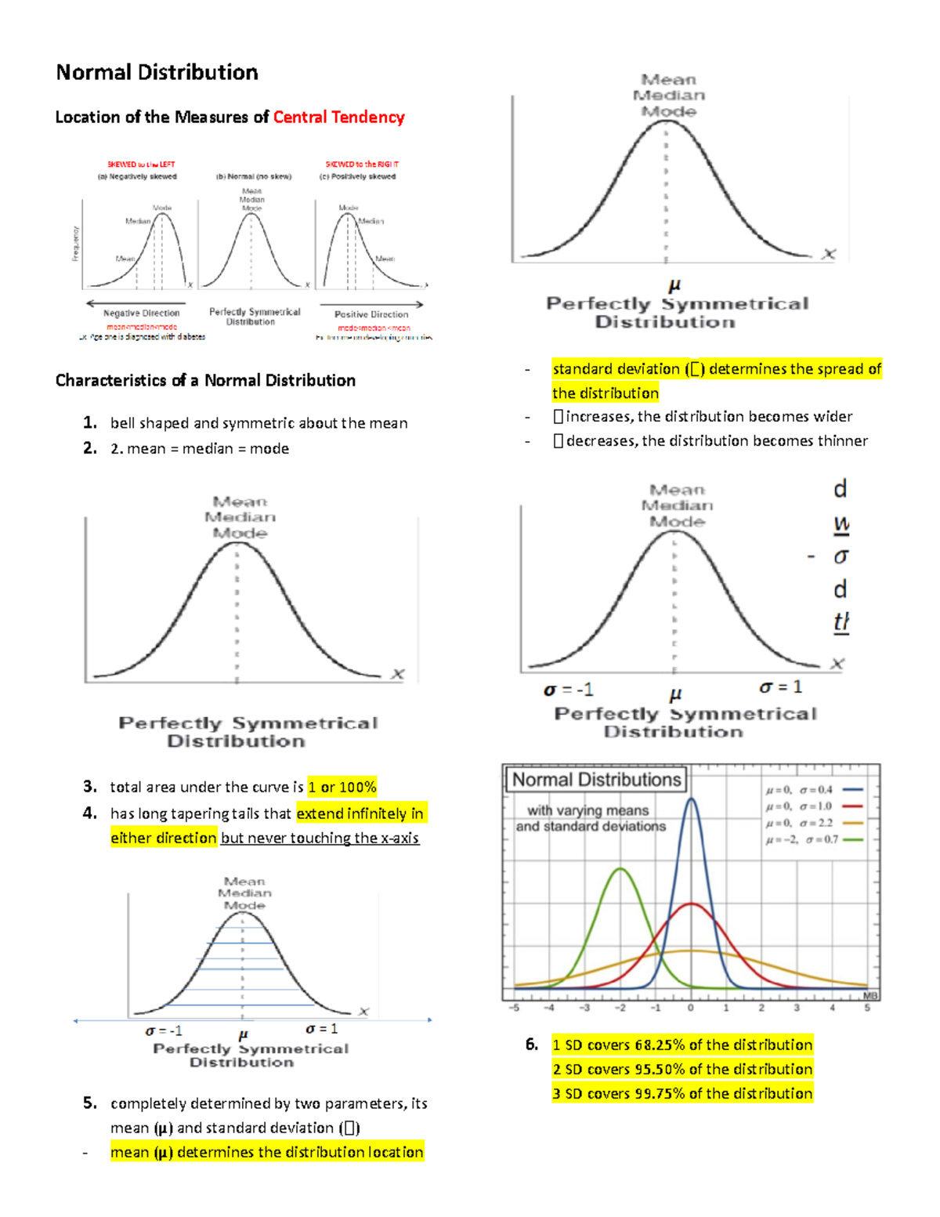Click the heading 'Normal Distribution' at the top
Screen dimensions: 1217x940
(157, 72)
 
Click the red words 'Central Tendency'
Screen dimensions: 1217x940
(338, 118)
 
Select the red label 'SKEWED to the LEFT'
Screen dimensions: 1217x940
(141, 165)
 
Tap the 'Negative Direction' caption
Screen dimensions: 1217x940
(142, 313)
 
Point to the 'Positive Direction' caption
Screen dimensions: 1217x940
(371, 314)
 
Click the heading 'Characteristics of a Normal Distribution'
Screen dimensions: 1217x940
(205, 381)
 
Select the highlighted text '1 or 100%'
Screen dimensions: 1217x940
(342, 787)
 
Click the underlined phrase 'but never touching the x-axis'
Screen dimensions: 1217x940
(320, 838)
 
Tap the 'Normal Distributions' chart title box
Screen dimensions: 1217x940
(597, 780)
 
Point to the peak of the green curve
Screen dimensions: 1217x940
(620, 869)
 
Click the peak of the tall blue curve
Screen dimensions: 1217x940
(691, 799)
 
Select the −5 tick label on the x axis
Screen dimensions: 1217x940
(515, 1008)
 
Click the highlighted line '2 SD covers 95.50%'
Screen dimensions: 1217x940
(682, 1070)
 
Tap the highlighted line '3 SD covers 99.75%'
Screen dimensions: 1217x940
(682, 1094)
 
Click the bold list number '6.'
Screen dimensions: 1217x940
(532, 1045)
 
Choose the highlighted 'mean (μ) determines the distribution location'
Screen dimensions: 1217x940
(267, 1152)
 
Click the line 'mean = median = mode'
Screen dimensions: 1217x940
(200, 449)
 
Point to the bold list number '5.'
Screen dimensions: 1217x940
(90, 1103)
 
